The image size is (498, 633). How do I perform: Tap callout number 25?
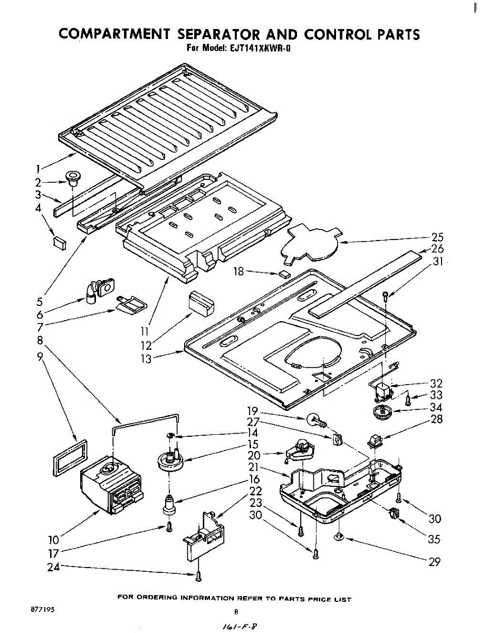[x=437, y=237]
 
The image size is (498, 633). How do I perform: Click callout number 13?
[x=146, y=359]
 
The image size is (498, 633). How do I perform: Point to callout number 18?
[x=239, y=271]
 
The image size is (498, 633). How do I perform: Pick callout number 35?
[x=435, y=540]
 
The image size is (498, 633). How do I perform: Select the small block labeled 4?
[x=59, y=242]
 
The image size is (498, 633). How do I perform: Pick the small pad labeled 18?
[x=285, y=274]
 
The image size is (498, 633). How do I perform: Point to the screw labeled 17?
[x=169, y=526]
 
